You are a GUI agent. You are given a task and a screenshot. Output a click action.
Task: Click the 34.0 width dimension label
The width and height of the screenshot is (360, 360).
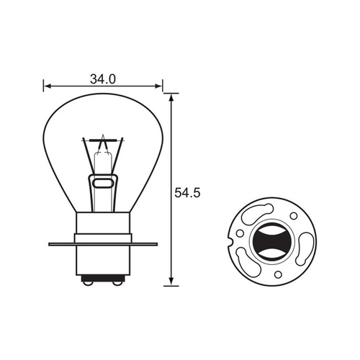[104, 78]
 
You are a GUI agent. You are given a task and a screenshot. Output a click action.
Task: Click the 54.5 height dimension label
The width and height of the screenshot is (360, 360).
[188, 192]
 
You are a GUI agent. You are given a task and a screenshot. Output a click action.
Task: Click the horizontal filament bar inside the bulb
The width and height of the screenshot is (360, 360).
[103, 150]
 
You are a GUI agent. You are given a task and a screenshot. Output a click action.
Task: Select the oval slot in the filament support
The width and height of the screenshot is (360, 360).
[103, 184]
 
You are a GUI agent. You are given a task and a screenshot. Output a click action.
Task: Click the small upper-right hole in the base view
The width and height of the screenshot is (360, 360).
[293, 215]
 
